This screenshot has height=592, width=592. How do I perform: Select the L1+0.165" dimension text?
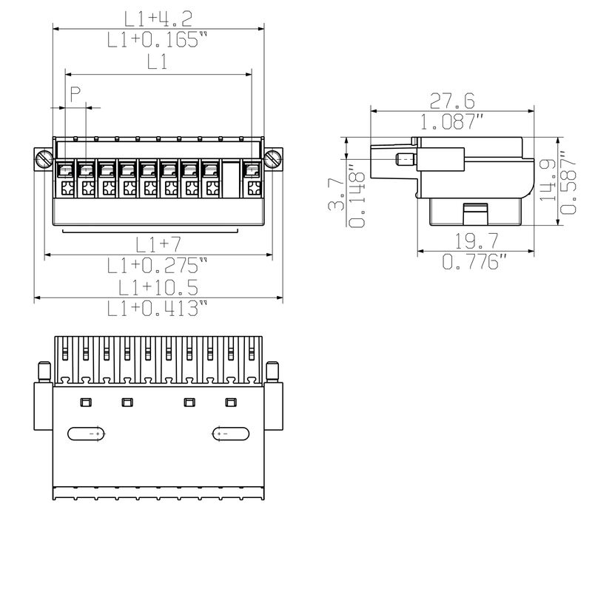pos(153,40)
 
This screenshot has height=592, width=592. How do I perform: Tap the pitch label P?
pos(75,93)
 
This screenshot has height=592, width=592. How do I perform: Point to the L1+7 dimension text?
pos(158,243)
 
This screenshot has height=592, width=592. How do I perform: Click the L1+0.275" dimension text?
pos(158,265)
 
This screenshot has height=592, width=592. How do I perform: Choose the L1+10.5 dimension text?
pos(158,287)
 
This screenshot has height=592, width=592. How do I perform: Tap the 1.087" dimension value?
pos(453,122)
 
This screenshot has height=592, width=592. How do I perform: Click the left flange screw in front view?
pos(44,158)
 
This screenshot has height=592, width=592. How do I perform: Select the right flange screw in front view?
pos(274,158)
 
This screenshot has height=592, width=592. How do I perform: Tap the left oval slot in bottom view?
pos(87,434)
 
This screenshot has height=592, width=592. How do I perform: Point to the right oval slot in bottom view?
pos(231,434)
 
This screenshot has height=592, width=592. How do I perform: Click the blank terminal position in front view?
pos(232,178)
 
